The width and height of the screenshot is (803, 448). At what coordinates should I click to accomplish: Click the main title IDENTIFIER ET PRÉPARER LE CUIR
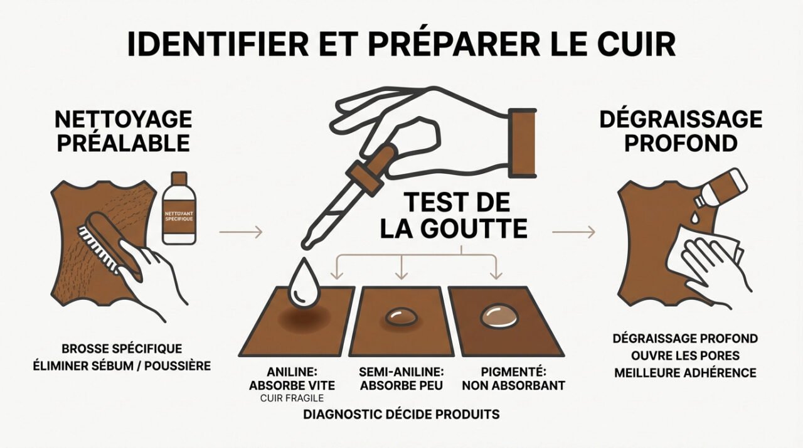coord(401,43)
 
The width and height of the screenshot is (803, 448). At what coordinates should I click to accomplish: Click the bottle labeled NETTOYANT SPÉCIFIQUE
coord(178,210)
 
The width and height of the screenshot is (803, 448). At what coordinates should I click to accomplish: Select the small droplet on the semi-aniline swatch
coord(397,316)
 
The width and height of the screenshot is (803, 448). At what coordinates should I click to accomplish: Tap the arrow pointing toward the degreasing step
coord(573,232)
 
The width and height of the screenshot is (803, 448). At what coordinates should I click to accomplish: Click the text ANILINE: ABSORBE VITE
coord(292,378)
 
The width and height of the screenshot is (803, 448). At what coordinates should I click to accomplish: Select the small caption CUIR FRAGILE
coord(292,398)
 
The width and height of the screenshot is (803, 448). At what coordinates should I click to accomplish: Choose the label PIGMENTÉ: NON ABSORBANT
coord(513,378)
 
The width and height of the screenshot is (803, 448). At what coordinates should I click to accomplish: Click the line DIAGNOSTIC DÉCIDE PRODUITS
coord(401,414)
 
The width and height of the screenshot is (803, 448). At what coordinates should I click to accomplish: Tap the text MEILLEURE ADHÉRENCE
coord(685,373)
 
